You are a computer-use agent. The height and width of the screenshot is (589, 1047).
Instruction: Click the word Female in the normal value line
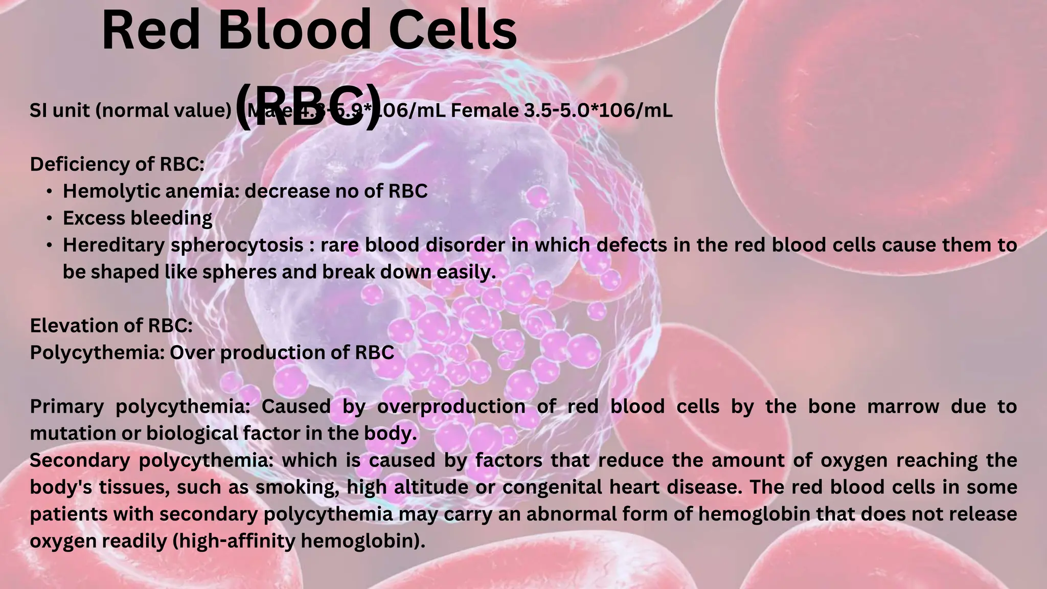(484, 110)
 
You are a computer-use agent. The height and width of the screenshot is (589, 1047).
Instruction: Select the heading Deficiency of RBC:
(117, 164)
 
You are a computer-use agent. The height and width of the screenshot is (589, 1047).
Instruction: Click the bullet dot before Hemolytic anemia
(49, 192)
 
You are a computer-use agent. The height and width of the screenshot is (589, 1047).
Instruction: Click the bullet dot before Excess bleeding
(49, 219)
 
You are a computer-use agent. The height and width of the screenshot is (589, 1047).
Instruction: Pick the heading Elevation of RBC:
(111, 326)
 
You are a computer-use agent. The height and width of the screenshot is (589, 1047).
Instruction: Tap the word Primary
(66, 406)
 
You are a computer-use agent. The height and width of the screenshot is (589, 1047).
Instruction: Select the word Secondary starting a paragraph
(80, 461)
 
